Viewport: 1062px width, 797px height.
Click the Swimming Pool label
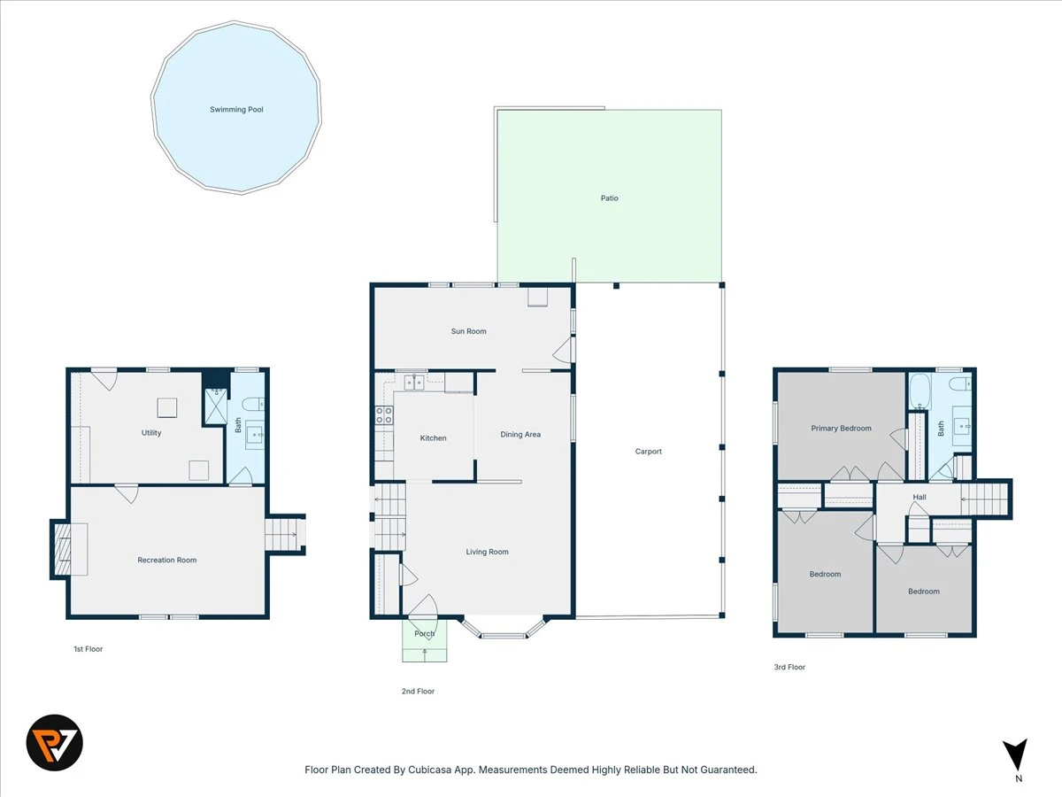pos(236,109)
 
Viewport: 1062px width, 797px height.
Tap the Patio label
pos(609,197)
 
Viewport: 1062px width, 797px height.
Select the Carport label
pos(649,452)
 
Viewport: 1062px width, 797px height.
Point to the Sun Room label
pos(468,331)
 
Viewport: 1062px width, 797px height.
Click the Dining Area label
pos(520,435)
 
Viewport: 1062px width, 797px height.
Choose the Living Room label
pos(488,552)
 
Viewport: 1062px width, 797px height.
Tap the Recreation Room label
pos(167,560)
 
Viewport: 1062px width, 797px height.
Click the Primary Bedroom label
pos(841,429)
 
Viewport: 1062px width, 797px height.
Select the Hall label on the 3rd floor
pos(920,497)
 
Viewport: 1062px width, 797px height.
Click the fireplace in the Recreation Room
pos(62,549)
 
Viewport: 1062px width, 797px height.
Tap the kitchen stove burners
pos(384,415)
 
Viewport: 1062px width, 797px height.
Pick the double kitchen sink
pos(414,383)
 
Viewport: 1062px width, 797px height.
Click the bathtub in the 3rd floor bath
pos(920,391)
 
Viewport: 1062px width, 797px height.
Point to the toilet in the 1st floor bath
pos(253,404)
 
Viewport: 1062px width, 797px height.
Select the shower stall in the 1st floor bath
pos(216,406)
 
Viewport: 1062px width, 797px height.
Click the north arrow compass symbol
pos(1015,754)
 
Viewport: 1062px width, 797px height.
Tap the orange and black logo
pos(55,742)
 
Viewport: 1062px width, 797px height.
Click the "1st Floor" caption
pos(88,649)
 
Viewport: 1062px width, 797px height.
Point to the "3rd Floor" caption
pos(789,667)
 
